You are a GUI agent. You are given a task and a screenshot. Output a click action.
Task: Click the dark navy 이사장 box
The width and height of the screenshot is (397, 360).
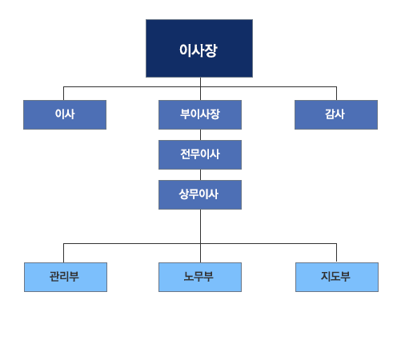(199, 48)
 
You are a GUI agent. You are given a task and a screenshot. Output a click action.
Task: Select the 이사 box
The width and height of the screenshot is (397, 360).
(65, 114)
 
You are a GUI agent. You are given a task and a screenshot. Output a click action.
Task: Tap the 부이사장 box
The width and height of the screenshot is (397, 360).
(200, 114)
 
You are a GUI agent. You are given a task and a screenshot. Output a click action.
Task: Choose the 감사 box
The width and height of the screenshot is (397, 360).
(336, 114)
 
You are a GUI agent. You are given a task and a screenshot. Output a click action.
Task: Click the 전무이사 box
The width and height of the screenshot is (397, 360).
(200, 154)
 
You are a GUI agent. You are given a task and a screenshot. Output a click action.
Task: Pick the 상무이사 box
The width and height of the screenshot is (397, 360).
(200, 194)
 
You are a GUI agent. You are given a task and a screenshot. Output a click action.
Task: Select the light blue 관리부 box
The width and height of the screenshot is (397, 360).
(66, 277)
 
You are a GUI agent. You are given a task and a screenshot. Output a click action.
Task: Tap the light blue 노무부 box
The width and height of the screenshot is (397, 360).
(200, 277)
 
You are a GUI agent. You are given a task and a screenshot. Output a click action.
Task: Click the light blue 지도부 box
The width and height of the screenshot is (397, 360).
(337, 277)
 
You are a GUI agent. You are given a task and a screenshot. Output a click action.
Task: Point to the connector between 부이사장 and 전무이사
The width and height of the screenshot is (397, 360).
(200, 134)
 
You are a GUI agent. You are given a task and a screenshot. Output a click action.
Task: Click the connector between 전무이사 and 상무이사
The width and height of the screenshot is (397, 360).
(200, 174)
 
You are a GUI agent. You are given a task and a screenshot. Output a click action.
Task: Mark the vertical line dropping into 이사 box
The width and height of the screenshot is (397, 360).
(63, 94)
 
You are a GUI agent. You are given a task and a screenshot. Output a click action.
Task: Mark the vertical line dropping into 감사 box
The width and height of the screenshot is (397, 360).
(336, 94)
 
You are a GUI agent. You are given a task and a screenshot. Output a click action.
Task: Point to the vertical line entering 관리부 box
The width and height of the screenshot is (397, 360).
(63, 253)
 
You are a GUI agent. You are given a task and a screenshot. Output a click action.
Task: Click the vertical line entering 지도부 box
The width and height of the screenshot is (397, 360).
(336, 252)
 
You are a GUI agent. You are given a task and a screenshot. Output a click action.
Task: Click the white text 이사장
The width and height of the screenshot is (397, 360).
(198, 50)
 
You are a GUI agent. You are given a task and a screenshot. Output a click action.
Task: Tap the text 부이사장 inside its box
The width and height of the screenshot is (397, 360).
(200, 114)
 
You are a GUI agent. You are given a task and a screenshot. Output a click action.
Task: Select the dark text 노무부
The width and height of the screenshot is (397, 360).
(198, 276)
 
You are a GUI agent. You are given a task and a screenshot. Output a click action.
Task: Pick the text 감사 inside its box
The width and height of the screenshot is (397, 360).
(335, 114)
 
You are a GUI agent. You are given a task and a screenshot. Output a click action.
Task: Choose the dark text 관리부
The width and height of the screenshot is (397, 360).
(64, 276)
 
